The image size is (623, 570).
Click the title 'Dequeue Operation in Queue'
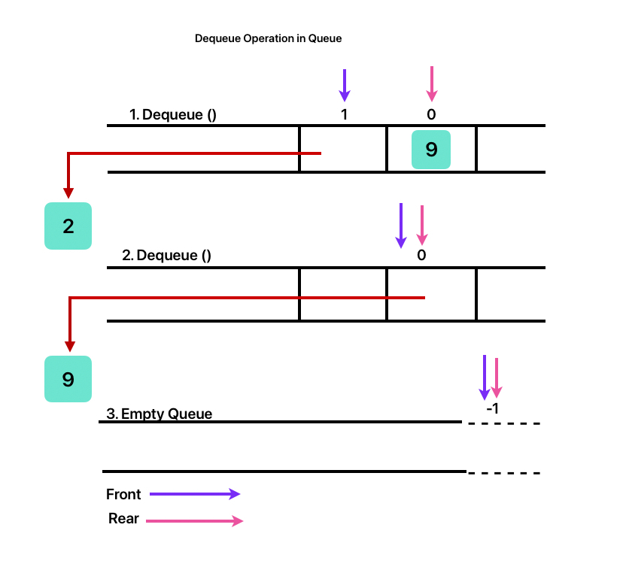(268, 38)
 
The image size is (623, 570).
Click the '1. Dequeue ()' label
(173, 115)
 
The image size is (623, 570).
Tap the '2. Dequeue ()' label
(166, 255)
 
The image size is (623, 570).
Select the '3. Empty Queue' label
(159, 414)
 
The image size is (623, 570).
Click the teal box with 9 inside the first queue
(431, 149)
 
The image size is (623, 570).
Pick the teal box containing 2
(68, 226)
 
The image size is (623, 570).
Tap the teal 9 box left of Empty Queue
(68, 379)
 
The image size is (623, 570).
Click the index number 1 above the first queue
(344, 115)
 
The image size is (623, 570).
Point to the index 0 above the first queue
(431, 115)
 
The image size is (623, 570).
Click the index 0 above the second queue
(421, 255)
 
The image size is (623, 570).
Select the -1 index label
(493, 409)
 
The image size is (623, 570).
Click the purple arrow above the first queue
(344, 85)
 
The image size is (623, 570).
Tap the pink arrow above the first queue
(431, 83)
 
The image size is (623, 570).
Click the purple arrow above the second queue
(401, 225)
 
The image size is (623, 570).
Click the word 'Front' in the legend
(123, 494)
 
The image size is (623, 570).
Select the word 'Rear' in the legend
(123, 518)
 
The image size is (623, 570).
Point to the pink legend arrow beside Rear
(194, 520)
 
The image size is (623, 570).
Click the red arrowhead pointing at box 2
(68, 193)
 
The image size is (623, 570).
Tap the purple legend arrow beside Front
(194, 494)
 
